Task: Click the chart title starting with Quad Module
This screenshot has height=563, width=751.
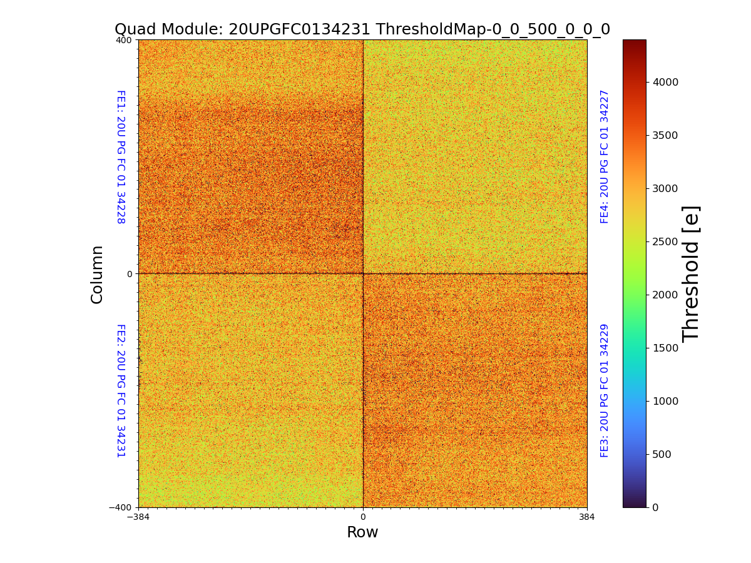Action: point(362,29)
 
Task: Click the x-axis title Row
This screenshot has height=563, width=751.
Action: point(362,532)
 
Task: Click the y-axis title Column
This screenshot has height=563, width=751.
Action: point(97,274)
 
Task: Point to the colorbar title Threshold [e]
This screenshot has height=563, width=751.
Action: point(691,273)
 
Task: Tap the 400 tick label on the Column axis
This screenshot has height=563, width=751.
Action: point(124,40)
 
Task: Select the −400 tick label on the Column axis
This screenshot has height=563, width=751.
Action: point(120,507)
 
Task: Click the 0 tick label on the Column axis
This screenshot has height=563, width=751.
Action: point(130,274)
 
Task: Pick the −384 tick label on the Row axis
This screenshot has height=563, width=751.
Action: point(138,517)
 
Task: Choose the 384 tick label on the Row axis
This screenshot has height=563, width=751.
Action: point(587,517)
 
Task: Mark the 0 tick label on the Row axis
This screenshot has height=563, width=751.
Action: point(362,517)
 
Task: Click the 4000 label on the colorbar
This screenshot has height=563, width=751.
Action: point(665,82)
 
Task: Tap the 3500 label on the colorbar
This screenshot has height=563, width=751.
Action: point(665,135)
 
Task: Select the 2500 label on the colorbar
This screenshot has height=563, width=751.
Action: point(665,241)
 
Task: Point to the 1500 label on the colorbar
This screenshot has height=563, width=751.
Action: point(665,348)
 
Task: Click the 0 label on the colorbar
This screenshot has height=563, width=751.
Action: point(655,507)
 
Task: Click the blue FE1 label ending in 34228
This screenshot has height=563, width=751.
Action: point(121,157)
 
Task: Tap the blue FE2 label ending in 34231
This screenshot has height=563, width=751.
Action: point(121,390)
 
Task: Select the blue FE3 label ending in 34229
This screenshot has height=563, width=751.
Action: point(605,390)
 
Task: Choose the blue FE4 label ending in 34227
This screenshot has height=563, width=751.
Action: point(605,156)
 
